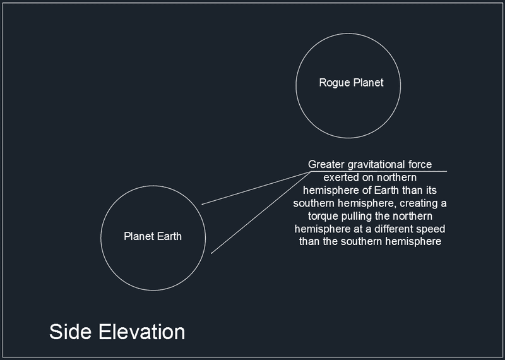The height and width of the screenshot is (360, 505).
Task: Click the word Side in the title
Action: pos(70,332)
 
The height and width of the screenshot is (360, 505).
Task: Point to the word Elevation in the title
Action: pos(141,332)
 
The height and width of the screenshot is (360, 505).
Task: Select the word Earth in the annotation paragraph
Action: pos(387,190)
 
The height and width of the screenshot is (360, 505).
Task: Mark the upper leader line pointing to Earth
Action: pos(256,188)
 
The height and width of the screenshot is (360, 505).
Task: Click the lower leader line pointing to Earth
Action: pos(261,212)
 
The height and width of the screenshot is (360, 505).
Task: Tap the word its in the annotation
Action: pos(431,190)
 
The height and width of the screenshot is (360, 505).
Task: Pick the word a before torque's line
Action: pos(444,204)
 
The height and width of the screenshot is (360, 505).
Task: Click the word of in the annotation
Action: pos(367,190)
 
